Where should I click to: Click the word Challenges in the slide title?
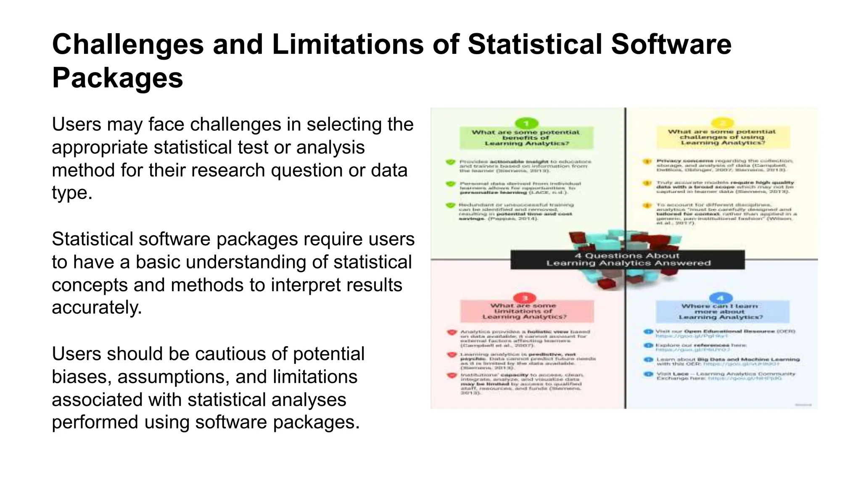click(128, 45)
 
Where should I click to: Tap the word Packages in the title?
click(117, 78)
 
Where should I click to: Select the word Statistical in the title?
click(535, 45)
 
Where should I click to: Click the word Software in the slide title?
click(671, 45)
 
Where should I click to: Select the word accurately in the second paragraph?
click(97, 308)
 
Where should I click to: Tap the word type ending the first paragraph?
click(71, 193)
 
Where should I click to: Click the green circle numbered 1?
click(526, 123)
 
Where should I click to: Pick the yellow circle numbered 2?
click(722, 123)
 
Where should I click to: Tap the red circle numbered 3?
click(525, 298)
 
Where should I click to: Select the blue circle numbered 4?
click(721, 298)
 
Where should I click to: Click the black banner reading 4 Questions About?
click(627, 260)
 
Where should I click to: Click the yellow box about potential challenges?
click(722, 137)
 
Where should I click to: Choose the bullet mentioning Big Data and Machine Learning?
click(727, 361)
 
